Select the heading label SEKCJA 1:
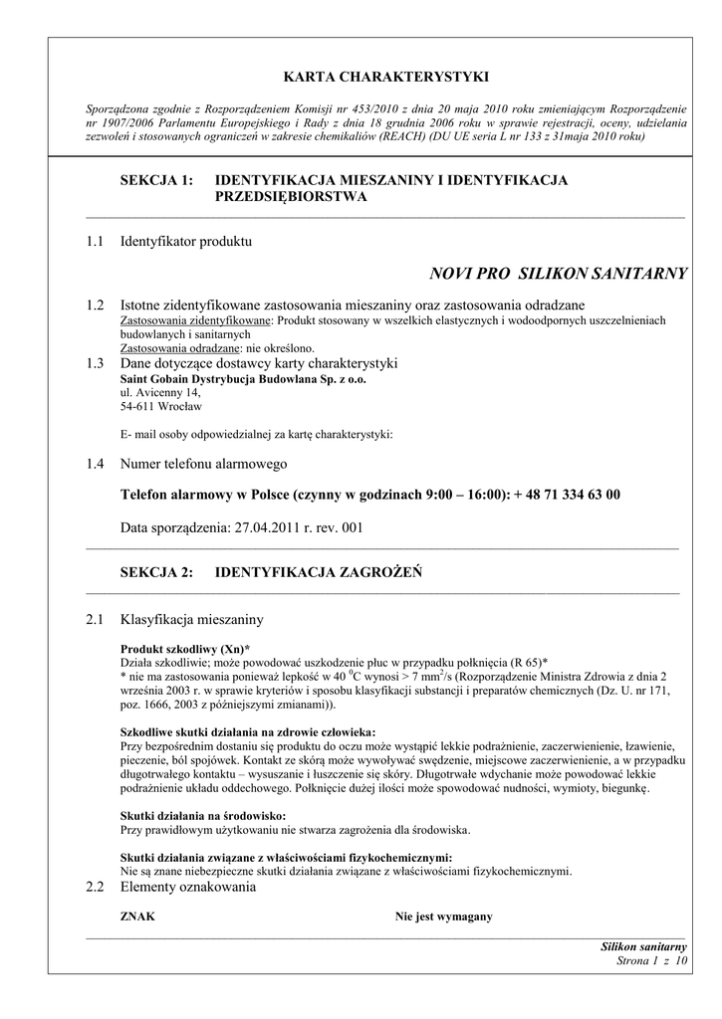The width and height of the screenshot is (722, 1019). click(155, 180)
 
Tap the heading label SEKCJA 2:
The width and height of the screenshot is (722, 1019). click(155, 572)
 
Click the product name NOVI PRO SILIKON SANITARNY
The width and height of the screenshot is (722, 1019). click(558, 274)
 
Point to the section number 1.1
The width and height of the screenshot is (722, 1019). click(96, 241)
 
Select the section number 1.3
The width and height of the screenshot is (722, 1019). click(96, 363)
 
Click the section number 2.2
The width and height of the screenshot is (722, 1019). click(96, 887)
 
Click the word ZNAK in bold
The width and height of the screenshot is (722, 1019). click(137, 917)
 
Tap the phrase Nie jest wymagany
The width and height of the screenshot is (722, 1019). click(443, 917)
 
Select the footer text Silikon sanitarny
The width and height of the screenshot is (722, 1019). click(644, 946)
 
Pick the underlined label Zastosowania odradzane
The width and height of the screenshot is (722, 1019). click(179, 349)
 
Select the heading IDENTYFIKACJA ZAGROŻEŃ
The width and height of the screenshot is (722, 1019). click(319, 572)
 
